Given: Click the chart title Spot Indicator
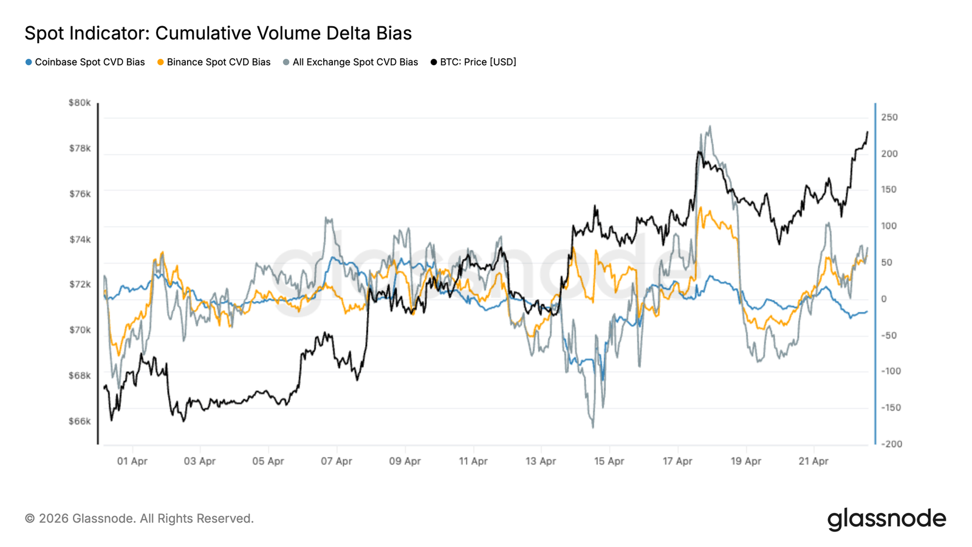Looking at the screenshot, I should [x=217, y=33].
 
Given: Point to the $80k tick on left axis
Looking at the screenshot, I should [x=80, y=103].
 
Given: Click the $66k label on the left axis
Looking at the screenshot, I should [x=80, y=421].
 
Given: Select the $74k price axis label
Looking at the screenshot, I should [x=80, y=239].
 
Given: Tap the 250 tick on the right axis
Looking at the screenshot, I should [x=889, y=117].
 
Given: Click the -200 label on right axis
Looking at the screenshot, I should [x=891, y=444].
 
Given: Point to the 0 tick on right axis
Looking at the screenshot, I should [x=884, y=299].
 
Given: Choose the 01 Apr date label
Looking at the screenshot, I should [x=132, y=461].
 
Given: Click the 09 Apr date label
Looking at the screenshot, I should [x=405, y=461].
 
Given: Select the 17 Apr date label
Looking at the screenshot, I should [x=677, y=461].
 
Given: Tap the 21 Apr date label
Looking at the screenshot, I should [x=813, y=461].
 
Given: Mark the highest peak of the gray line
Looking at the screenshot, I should [x=710, y=126].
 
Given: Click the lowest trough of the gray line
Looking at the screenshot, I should [x=593, y=427].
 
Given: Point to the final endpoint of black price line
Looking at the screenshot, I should [x=868, y=132].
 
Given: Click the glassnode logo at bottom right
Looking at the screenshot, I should [x=886, y=519].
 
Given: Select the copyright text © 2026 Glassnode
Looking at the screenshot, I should [x=139, y=518].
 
